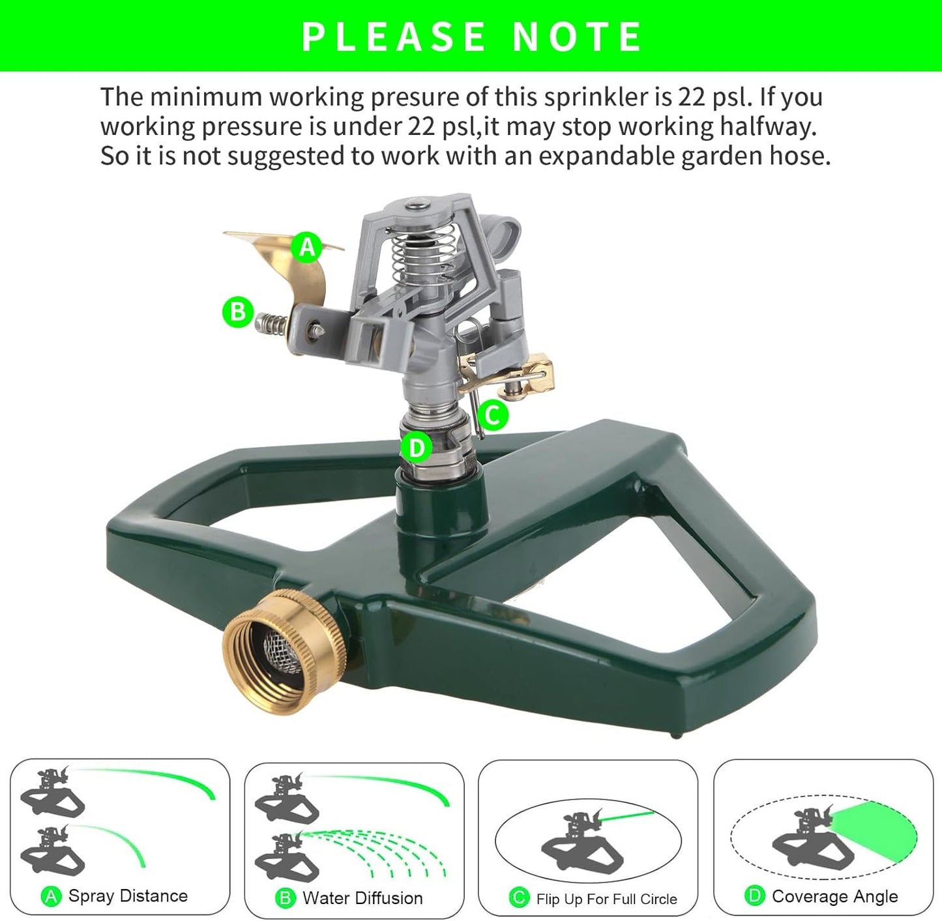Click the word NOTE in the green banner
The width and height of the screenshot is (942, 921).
pos(577,37)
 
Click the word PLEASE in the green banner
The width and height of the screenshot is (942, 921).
pos(394,37)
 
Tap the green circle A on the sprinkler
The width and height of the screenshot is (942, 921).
pos(307,247)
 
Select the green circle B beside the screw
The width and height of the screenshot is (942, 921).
pos(238,312)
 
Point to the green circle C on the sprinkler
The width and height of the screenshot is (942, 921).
pos(493,415)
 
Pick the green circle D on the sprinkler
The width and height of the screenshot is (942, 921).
pos(416,448)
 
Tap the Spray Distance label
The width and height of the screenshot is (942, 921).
pos(128,896)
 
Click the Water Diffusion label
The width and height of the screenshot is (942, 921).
pos(362,898)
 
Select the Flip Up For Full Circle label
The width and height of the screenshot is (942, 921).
pos(606,899)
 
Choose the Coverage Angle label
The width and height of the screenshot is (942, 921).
pos(834,897)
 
